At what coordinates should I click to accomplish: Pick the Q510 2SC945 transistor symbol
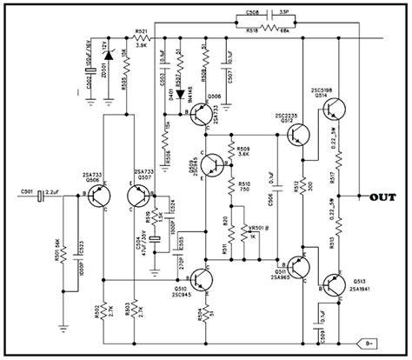point(203,278)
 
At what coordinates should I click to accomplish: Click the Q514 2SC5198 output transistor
point(334,110)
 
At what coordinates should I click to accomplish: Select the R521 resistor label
point(143,31)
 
